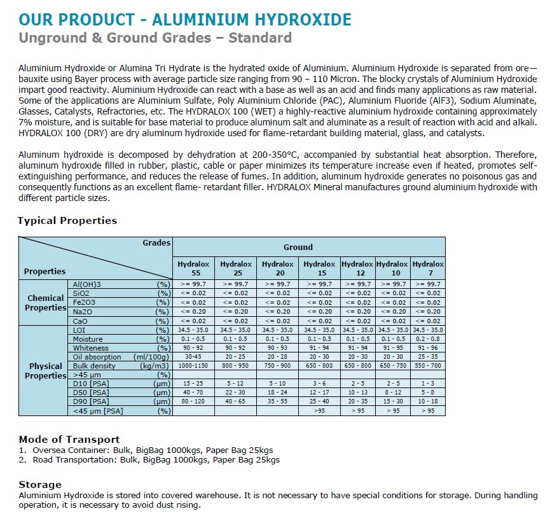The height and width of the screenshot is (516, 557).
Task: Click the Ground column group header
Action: click(298, 247)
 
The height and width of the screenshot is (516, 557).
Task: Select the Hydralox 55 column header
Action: click(193, 268)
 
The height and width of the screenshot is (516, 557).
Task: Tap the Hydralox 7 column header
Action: click(428, 268)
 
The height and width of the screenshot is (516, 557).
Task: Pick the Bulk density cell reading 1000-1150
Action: click(193, 366)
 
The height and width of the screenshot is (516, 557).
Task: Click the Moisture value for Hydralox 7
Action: click(428, 339)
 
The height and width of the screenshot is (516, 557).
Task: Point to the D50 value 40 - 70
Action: click(193, 393)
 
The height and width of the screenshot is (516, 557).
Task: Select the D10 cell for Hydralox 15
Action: click(319, 384)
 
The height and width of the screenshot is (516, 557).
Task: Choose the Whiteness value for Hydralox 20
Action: click(277, 348)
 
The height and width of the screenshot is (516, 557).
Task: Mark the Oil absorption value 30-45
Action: click(193, 357)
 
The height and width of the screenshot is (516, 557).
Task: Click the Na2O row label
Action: click(83, 312)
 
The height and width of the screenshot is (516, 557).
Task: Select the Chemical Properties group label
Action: click(45, 303)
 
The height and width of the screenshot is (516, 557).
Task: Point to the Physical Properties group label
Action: click(45, 371)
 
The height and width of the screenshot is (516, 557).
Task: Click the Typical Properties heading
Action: click(67, 221)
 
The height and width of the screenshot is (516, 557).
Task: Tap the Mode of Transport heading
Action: click(69, 440)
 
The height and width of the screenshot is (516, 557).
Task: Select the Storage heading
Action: click(40, 485)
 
